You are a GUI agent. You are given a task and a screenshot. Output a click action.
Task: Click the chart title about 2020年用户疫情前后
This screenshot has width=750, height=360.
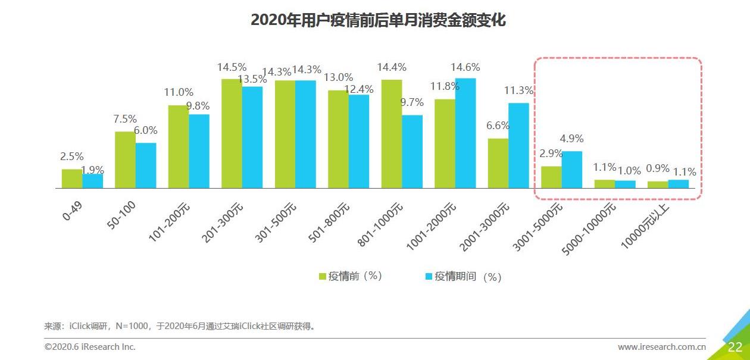pyautogui.click(x=378, y=20)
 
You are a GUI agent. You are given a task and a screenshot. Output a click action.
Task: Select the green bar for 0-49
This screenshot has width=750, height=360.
pyautogui.click(x=72, y=179)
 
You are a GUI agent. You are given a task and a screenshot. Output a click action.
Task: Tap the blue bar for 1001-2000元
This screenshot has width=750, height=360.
pyautogui.click(x=465, y=133)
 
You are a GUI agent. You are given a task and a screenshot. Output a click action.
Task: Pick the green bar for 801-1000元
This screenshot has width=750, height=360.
pyautogui.click(x=392, y=134)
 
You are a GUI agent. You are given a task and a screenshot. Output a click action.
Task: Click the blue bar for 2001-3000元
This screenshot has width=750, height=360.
pyautogui.click(x=518, y=146)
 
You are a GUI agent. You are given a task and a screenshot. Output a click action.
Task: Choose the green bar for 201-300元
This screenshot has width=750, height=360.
pyautogui.click(x=232, y=133)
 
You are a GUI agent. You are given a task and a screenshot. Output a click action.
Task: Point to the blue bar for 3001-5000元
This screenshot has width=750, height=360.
pyautogui.click(x=572, y=170)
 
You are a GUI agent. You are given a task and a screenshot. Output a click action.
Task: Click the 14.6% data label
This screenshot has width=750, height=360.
pyautogui.click(x=465, y=67)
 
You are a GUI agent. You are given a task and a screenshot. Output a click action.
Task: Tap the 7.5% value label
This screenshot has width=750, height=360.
pyautogui.click(x=125, y=119)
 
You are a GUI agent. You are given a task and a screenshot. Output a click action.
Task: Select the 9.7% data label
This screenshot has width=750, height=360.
pyautogui.click(x=412, y=103)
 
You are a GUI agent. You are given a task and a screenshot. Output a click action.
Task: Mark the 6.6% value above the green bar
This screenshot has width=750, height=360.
pyautogui.click(x=498, y=126)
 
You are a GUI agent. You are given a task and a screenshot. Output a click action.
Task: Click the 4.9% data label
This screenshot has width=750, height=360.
pyautogui.click(x=571, y=139)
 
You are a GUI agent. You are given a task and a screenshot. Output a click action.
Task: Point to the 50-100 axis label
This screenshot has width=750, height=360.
pyautogui.click(x=123, y=215)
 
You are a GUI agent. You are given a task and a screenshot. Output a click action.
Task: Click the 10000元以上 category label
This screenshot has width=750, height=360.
pyautogui.click(x=645, y=225)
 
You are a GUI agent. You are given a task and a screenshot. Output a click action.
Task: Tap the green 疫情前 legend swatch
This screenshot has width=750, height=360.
pyautogui.click(x=323, y=277)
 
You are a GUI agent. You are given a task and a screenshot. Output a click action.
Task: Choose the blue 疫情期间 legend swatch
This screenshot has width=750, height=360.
pyautogui.click(x=429, y=277)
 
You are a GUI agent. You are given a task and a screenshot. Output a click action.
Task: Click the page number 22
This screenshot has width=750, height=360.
pyautogui.click(x=735, y=348)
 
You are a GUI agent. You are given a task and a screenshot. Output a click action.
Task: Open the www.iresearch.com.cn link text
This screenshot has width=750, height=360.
pyautogui.click(x=661, y=347)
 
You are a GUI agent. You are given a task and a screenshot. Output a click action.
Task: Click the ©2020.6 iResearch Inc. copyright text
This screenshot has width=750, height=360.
pyautogui.click(x=90, y=347)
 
